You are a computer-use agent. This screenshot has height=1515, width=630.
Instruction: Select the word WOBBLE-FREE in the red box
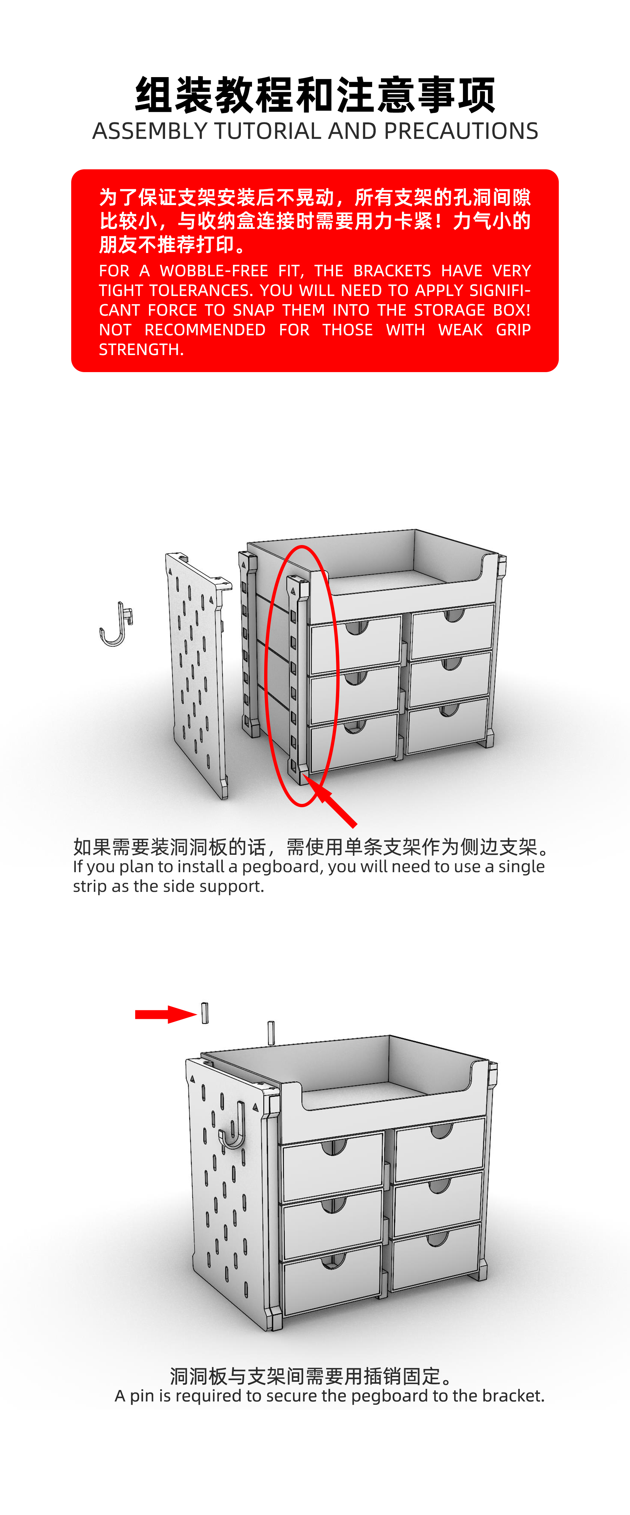tap(214, 271)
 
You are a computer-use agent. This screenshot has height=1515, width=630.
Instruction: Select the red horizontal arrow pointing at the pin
tap(166, 1014)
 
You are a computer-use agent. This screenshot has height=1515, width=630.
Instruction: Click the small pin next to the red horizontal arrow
tap(205, 1013)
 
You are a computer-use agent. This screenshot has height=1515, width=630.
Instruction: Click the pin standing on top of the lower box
tap(271, 1033)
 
